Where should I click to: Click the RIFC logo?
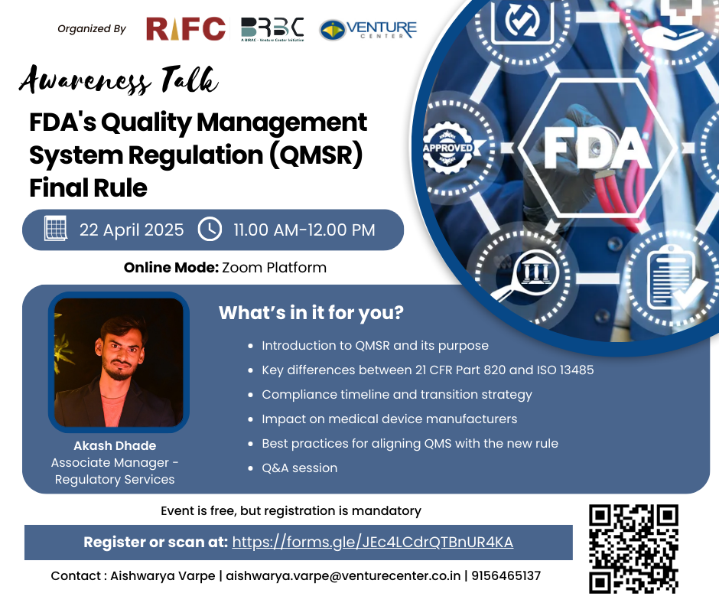pos(186,28)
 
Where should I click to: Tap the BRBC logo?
pos(272,30)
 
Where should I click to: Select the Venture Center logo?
pos(368,30)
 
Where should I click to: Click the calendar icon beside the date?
pos(56,228)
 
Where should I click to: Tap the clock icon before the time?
pos(210,229)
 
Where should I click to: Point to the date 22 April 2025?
pos(132,230)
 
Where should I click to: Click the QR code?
pos(633,549)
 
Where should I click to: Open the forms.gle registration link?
pos(373,542)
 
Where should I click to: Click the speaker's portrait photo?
pos(119,363)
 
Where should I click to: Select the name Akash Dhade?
pos(115,445)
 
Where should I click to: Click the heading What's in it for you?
pos(311,313)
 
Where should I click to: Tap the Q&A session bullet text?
pos(299,468)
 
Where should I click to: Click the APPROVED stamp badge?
pos(448,148)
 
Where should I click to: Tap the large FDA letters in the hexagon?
pos(598,148)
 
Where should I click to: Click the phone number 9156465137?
pos(506,575)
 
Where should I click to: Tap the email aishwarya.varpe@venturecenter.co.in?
pos(343,576)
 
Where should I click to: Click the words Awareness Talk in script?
pos(119,80)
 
